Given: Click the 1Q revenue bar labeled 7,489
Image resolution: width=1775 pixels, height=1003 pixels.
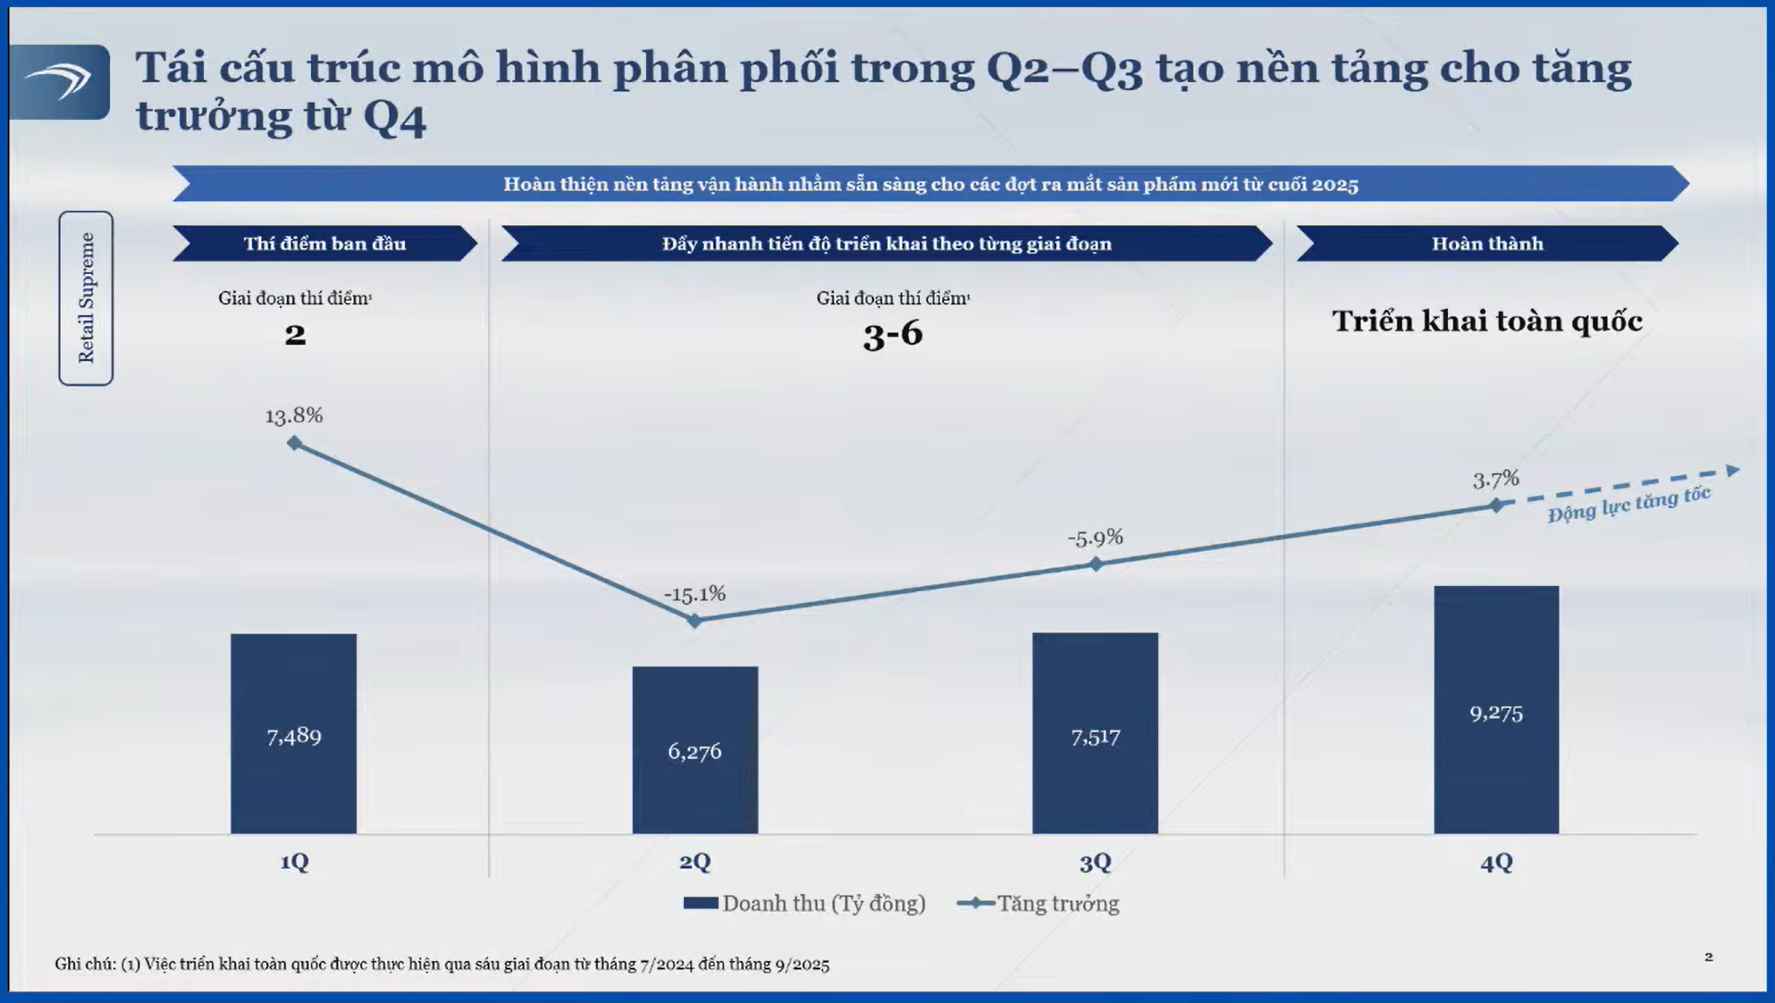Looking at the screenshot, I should [293, 733].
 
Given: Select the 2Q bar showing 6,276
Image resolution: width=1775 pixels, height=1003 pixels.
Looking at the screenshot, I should [694, 749].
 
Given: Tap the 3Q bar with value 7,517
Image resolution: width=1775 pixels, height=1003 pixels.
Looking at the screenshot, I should [1095, 733].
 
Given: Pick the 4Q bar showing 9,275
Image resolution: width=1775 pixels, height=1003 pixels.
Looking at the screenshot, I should [1496, 709].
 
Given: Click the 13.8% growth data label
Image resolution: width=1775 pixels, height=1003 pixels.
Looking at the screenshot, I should [294, 415].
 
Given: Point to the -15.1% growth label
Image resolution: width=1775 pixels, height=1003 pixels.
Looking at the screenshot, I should [694, 594].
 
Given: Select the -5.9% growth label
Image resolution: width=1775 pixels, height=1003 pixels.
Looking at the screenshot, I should [1095, 538].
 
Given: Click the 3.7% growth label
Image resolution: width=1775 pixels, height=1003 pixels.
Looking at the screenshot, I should [1495, 480].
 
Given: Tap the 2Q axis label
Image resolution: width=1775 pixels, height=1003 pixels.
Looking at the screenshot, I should [694, 862].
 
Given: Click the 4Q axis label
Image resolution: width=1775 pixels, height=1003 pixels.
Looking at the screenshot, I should [1496, 862].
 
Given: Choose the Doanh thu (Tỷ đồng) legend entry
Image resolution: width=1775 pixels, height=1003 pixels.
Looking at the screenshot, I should [804, 903].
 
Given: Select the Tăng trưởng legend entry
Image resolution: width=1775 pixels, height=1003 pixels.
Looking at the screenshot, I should [1039, 903].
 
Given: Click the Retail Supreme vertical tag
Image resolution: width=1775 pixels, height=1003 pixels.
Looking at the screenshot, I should [86, 297].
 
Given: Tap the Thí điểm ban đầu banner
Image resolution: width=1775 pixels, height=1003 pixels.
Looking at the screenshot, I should [324, 244].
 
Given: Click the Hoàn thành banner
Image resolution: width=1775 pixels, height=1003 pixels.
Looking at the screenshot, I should [1487, 244].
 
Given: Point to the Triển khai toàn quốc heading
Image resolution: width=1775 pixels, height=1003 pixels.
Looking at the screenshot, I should [1487, 321].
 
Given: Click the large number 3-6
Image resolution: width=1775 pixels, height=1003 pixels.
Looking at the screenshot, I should [893, 334].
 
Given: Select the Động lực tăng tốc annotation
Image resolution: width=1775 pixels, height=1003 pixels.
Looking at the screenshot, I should [1628, 505].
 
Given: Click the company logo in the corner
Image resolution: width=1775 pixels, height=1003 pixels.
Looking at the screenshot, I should [60, 81].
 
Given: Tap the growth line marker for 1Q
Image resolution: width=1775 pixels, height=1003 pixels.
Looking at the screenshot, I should [294, 443].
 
